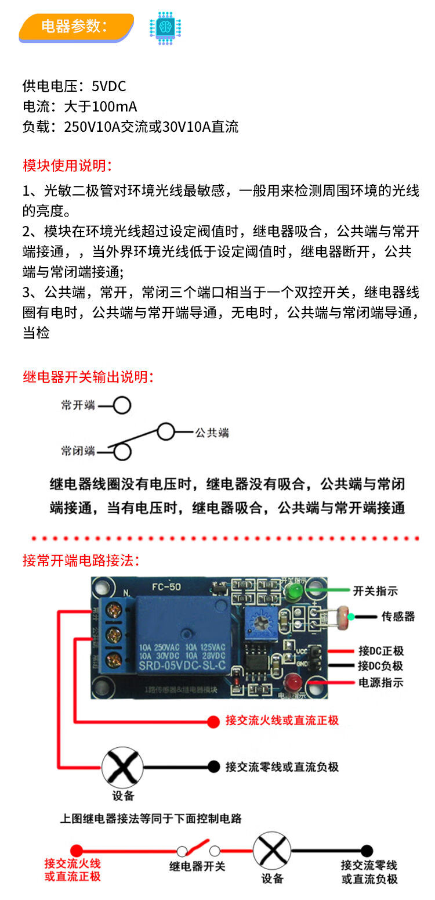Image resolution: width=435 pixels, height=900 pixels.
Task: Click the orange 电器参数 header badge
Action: point(75,27)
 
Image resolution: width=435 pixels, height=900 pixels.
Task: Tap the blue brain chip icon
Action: point(165,27)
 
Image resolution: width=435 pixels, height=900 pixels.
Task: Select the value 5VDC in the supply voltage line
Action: point(109,87)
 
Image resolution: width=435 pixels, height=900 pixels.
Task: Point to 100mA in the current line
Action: point(118,107)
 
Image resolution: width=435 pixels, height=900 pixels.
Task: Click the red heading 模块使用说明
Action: point(67,165)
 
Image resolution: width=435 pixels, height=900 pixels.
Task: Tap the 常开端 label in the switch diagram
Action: point(78,405)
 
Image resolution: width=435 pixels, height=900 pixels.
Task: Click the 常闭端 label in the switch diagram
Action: point(78,451)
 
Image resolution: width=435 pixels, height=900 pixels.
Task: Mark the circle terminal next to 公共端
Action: point(166,432)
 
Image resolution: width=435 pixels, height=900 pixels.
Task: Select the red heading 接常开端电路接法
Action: point(81,560)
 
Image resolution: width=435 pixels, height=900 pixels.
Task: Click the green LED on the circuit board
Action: point(293,592)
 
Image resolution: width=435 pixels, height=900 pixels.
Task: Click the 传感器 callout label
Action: point(398,616)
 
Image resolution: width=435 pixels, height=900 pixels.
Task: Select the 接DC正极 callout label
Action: point(380,650)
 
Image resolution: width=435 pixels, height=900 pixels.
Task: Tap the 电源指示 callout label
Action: point(380,682)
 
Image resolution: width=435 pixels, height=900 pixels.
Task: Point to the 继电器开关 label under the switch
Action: point(197,866)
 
